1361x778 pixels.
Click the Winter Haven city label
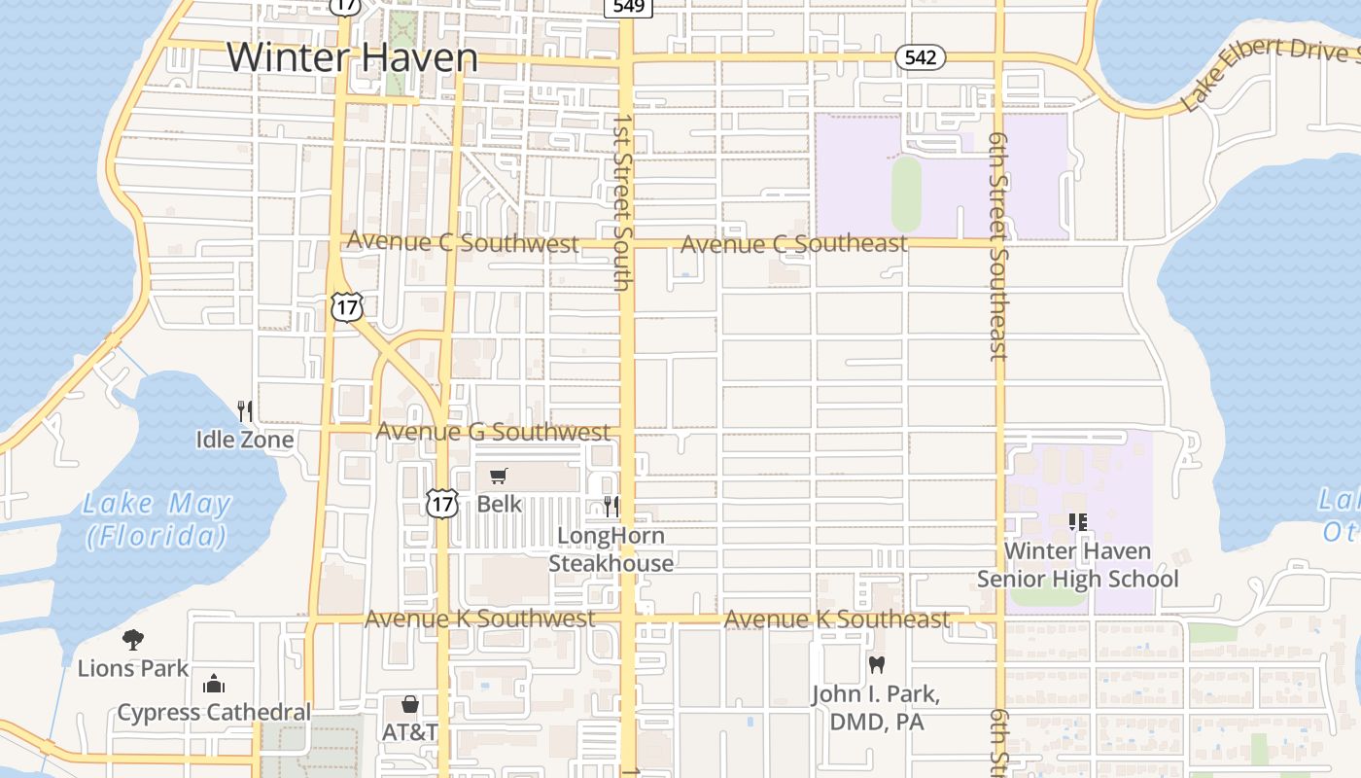click(x=352, y=57)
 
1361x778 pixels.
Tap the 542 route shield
click(x=920, y=57)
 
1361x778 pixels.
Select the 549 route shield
click(x=627, y=7)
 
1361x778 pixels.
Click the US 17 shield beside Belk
click(x=441, y=504)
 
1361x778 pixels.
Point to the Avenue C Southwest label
click(x=463, y=242)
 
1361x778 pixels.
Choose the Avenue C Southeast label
click(x=793, y=243)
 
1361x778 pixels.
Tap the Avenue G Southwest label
click(x=493, y=431)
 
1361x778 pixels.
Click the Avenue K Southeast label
click(x=837, y=619)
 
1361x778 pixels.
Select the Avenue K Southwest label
click(x=479, y=619)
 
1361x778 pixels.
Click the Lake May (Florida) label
click(x=157, y=519)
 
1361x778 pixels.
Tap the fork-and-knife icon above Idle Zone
click(x=245, y=411)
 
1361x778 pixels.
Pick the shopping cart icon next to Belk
click(x=499, y=476)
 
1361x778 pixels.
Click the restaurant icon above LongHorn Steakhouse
click(x=611, y=506)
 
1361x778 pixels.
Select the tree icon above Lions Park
click(x=133, y=639)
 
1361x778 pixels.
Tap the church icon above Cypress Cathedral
click(x=214, y=684)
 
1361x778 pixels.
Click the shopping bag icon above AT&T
click(x=410, y=703)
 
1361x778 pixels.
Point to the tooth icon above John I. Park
click(x=877, y=665)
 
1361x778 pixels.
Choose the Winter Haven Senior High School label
click(x=1077, y=565)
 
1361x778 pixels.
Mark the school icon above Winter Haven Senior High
click(x=1077, y=522)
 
